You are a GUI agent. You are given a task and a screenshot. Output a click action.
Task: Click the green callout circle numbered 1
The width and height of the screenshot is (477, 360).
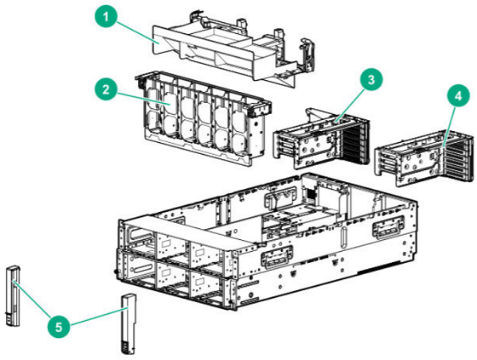pyautogui.click(x=105, y=16)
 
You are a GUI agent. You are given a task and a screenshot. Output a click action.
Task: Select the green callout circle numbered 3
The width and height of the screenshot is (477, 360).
pyautogui.click(x=368, y=78)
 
